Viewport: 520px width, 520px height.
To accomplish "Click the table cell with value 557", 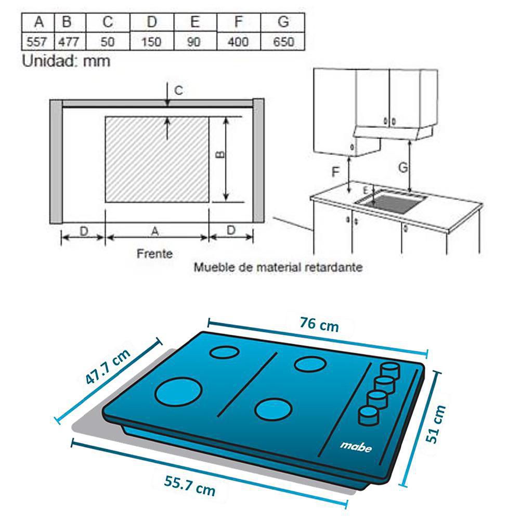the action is (x=37, y=42).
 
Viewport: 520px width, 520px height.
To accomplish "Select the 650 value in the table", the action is (x=283, y=42).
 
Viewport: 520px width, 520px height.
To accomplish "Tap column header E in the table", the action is (x=195, y=22).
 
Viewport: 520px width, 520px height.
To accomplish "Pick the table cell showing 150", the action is (x=151, y=42).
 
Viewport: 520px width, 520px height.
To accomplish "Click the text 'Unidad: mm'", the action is (x=66, y=61).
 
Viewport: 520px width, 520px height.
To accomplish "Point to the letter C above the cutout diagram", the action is (x=178, y=90).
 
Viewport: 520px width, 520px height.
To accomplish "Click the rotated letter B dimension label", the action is (x=220, y=154).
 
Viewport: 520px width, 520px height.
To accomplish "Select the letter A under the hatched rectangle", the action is (x=155, y=231).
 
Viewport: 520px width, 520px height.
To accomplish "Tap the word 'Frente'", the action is (x=155, y=254).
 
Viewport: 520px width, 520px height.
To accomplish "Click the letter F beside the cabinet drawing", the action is (x=335, y=172).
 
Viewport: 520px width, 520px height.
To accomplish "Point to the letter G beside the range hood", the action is (x=403, y=167).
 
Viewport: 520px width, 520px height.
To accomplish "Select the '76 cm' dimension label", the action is (x=319, y=324).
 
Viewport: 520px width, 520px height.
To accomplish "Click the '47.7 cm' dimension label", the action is (x=108, y=366).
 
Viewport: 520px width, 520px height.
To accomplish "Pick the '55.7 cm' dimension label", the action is (x=190, y=486).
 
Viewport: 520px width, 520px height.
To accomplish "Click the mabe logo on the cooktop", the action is (x=356, y=447).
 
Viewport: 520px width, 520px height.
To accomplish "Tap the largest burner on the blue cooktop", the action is (x=178, y=392).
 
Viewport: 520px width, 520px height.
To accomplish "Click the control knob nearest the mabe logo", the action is (x=368, y=415).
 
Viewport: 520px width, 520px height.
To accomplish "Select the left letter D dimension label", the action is (x=84, y=231).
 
